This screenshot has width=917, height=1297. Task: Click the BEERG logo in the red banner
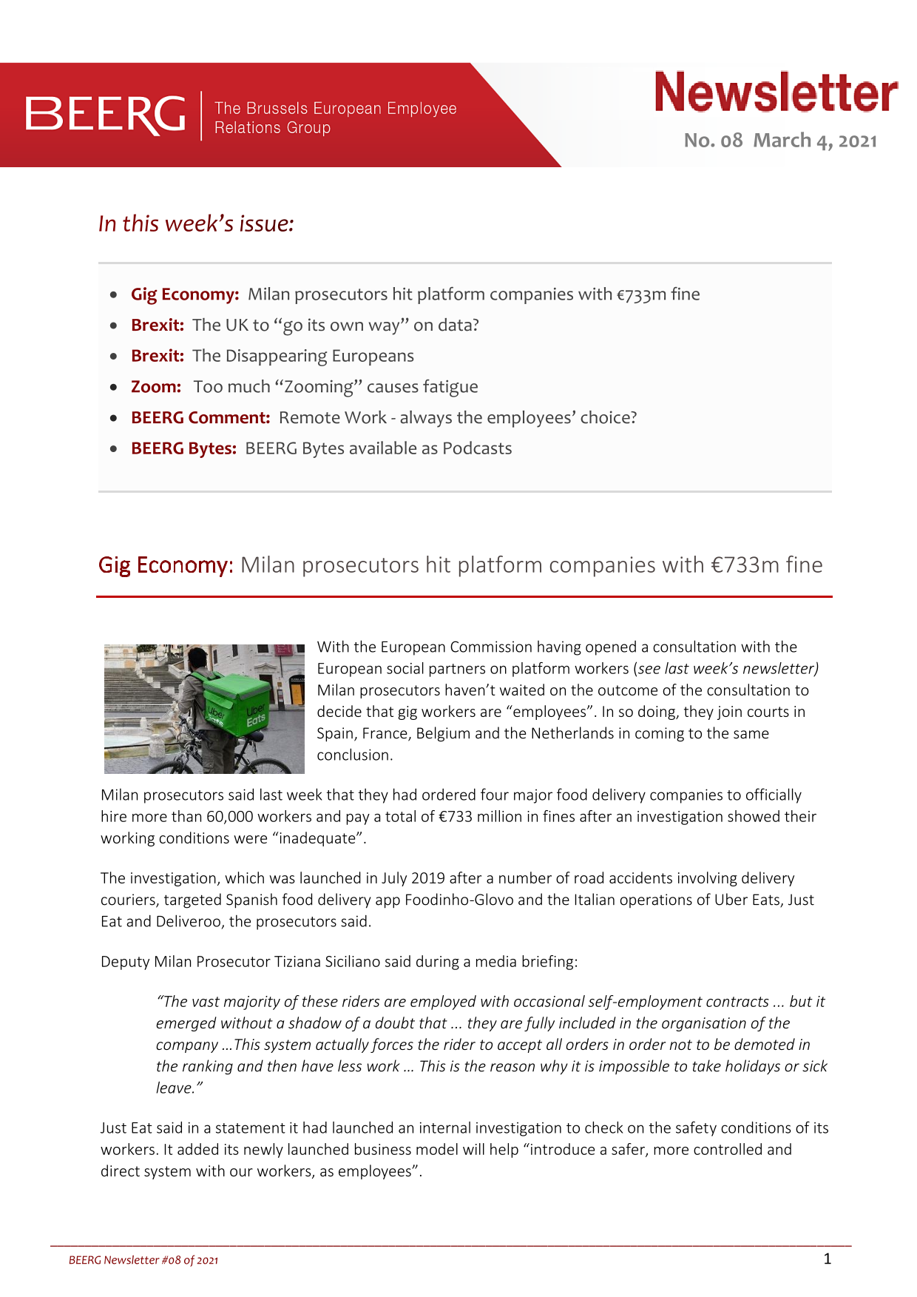106,115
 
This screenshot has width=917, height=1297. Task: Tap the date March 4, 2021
815,141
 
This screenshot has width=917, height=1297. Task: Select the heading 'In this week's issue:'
196,223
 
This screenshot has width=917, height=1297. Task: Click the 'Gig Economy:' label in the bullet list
185,294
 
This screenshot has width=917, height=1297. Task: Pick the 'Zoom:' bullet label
156,387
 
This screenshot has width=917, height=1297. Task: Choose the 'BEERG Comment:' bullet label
200,418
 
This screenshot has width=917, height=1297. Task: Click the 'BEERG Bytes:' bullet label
183,448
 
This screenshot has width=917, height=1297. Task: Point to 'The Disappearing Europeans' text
303,356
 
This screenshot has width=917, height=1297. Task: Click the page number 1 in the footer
828,1259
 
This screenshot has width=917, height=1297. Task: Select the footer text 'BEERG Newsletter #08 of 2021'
143,1260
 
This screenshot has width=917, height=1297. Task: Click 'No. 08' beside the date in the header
713,141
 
